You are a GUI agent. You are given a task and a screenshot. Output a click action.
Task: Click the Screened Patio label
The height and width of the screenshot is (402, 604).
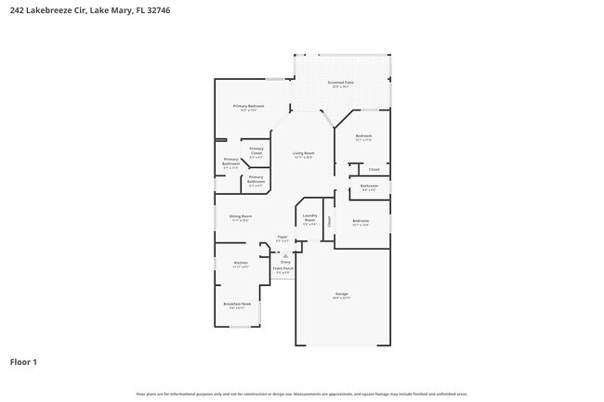coord(340,83)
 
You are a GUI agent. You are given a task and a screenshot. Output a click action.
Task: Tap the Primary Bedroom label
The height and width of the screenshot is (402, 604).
coord(248,107)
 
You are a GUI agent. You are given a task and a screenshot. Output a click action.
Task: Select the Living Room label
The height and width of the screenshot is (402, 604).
coord(303,153)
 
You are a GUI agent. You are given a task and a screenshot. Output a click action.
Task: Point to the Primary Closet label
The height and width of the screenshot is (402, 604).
coord(256,150)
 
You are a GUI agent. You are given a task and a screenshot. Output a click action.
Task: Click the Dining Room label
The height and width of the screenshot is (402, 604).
coord(241,216)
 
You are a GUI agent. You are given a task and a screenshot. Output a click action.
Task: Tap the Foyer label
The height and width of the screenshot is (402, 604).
coord(282,237)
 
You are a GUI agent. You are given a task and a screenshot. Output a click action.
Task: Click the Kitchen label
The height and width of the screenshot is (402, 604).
coord(241,263)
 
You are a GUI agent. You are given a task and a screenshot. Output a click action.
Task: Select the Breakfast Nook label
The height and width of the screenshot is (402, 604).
coord(237,304)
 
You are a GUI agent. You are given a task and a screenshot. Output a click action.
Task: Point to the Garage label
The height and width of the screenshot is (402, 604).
coord(341,294)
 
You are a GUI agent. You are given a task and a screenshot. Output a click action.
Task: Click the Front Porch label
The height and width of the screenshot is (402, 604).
coord(282,269)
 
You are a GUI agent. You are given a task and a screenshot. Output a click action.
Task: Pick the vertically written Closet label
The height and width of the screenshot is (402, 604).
coord(328,221)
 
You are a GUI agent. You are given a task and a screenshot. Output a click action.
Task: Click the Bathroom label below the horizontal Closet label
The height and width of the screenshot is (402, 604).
coord(369,186)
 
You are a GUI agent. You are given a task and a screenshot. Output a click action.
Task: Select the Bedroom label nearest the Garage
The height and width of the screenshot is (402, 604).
coord(361,220)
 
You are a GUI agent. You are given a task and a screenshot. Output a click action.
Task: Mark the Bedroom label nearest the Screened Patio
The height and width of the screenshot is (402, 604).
coord(363,136)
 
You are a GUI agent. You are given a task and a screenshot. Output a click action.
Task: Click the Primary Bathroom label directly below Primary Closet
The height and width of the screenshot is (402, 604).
coord(256,178)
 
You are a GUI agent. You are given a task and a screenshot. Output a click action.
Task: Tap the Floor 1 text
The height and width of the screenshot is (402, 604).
coord(23,361)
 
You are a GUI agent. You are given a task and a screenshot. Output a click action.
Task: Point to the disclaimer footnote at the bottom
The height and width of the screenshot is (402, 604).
coord(302,395)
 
